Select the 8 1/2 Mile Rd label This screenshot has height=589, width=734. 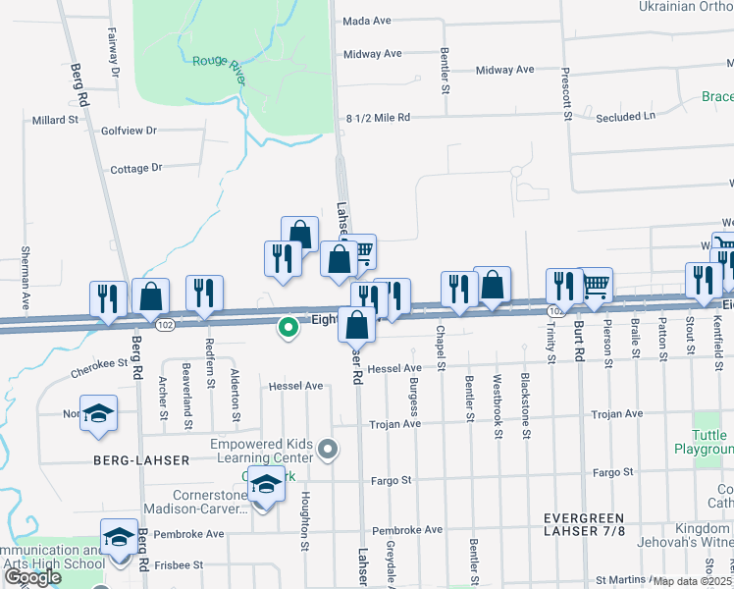click(378, 118)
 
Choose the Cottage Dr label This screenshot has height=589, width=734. click(136, 169)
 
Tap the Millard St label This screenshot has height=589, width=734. click(55, 120)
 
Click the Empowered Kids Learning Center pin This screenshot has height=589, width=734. click(329, 451)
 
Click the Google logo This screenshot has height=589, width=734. click(33, 578)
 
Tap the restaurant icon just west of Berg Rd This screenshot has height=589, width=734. click(108, 296)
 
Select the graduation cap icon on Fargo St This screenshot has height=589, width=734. click(266, 483)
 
